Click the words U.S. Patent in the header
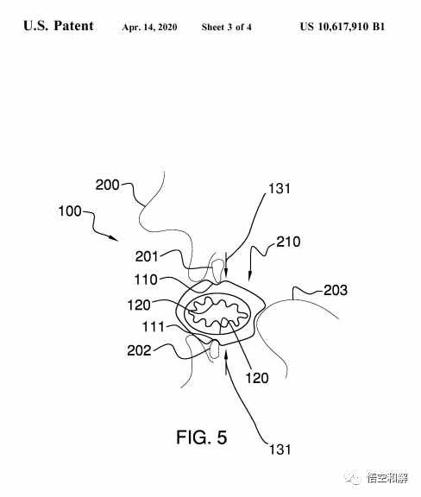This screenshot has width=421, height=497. tap(59, 26)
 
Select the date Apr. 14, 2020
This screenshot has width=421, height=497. tap(149, 28)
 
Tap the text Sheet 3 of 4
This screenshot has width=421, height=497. tap(226, 27)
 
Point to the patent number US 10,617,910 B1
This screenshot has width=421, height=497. tap(342, 26)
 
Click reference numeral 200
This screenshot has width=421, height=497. tap(108, 185)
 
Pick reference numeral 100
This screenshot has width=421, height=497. tap(70, 211)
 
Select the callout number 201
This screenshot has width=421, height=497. tap(147, 256)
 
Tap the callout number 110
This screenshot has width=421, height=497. tap(146, 280)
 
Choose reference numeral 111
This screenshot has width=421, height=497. tap(154, 326)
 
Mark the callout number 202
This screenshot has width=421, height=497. tap(139, 350)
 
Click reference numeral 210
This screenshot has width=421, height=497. tap(288, 242)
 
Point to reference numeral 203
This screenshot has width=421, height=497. tap(336, 290)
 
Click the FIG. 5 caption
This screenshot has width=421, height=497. tap(202, 437)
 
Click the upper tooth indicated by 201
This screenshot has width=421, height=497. tap(217, 270)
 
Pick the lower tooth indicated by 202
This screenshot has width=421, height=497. tap(215, 349)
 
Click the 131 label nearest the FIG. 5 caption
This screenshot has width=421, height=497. tap(280, 450)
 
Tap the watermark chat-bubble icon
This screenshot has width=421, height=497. tap(352, 476)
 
